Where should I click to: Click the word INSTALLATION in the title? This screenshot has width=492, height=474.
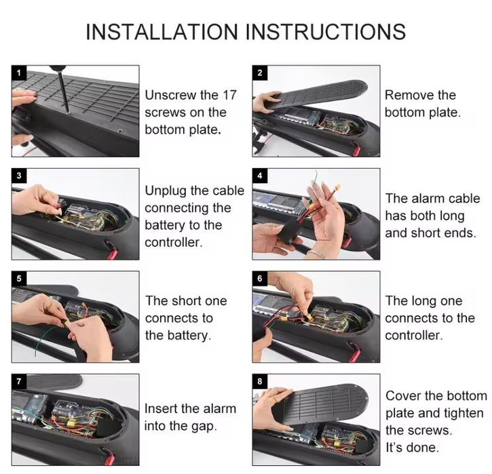[x=162, y=32]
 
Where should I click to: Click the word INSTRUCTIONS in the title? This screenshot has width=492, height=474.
[x=326, y=32]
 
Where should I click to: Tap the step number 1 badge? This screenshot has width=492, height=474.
[x=19, y=73]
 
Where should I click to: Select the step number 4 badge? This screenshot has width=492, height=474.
[x=260, y=176]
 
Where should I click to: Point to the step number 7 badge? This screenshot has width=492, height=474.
[x=19, y=381]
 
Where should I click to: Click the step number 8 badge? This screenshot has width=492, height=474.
[x=260, y=381]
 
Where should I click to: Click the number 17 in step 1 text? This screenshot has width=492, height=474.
[x=229, y=95]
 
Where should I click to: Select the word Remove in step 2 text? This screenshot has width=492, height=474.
[x=409, y=95]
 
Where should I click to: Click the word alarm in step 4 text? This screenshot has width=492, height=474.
[x=425, y=199]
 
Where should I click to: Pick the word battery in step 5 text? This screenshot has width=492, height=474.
[x=187, y=336]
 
